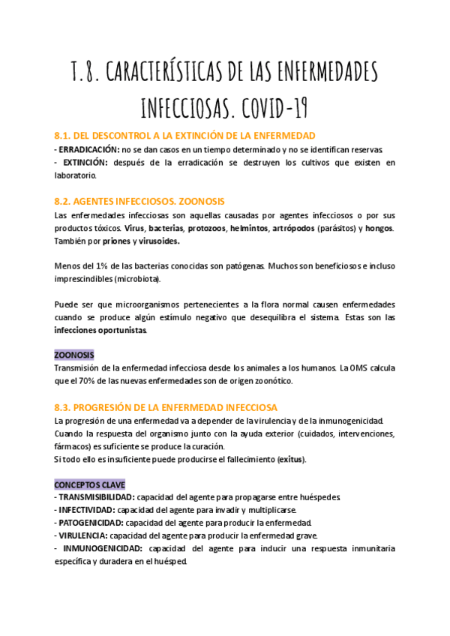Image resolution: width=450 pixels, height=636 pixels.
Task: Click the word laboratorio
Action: [x=76, y=175]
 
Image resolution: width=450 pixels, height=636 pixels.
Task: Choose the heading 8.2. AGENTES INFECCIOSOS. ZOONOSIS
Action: [x=139, y=202]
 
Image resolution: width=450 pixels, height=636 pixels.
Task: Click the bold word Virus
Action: [x=134, y=228]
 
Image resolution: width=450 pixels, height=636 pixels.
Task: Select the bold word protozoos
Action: [x=206, y=228]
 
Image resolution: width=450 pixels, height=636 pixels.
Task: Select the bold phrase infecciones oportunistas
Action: [x=100, y=330]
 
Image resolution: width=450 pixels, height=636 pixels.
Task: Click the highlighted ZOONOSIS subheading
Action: [x=74, y=355]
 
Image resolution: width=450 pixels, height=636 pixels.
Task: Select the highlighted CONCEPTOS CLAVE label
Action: [x=90, y=484]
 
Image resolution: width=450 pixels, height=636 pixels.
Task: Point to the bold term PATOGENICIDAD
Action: [x=91, y=523]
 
